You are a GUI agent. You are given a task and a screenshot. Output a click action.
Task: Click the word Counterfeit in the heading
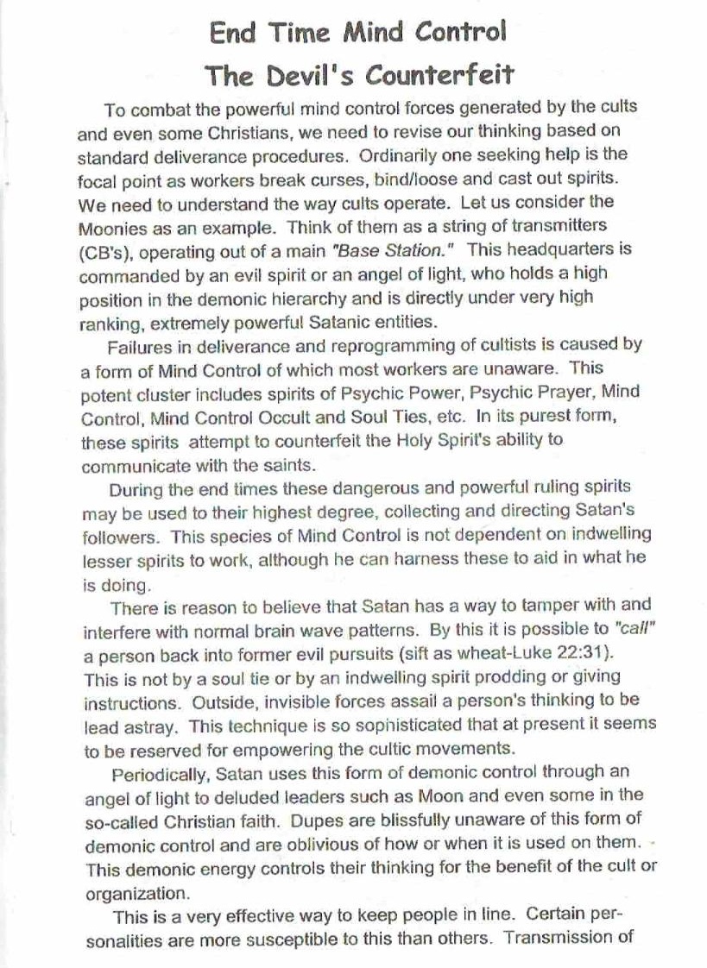click(440, 75)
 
